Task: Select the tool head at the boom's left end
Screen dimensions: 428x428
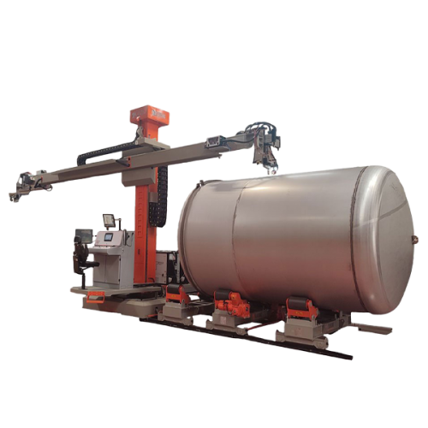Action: point(26,184)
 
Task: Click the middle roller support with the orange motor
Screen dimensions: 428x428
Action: point(234,306)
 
